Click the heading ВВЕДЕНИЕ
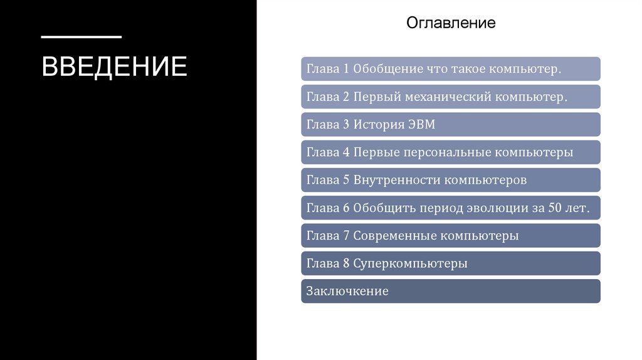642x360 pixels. pos(114,66)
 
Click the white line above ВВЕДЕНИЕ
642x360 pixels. pos(82,37)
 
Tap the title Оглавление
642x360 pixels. pos(451,23)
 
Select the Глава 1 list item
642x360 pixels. pos(450,69)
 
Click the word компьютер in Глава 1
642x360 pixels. pos(526,69)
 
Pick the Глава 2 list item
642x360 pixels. pos(450,97)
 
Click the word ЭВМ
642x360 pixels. pos(421,124)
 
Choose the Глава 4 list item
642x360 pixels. pos(450,152)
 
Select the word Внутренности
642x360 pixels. pos(396,180)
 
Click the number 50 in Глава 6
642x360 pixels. pos(555,208)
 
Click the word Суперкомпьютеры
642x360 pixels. pos(410,263)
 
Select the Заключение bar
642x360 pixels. pos(450,291)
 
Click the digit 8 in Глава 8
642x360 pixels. pos(346,263)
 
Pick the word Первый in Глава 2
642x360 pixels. pos(375,97)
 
